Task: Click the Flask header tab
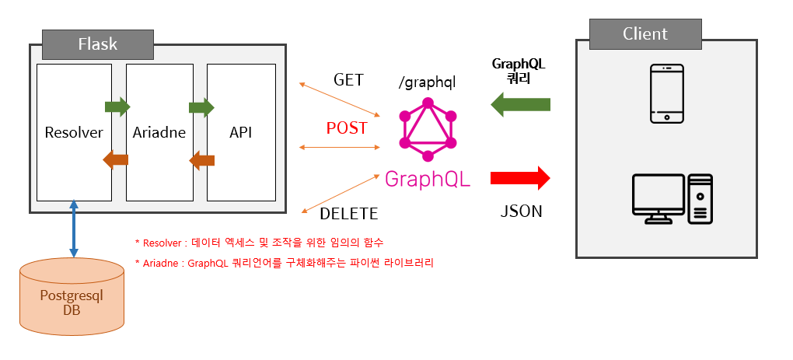(x=97, y=44)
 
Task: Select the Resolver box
(x=74, y=133)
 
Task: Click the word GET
(x=349, y=80)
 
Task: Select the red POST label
(x=347, y=128)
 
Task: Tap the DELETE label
(x=349, y=213)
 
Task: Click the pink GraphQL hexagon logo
(x=426, y=129)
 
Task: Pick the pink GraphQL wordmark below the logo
(x=428, y=179)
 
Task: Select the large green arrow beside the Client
(x=522, y=104)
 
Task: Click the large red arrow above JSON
(x=520, y=178)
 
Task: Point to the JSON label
(x=520, y=211)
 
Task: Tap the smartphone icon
(x=667, y=93)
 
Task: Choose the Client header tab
(x=645, y=33)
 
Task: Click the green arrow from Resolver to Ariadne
(x=117, y=106)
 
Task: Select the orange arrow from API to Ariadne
(x=202, y=161)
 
